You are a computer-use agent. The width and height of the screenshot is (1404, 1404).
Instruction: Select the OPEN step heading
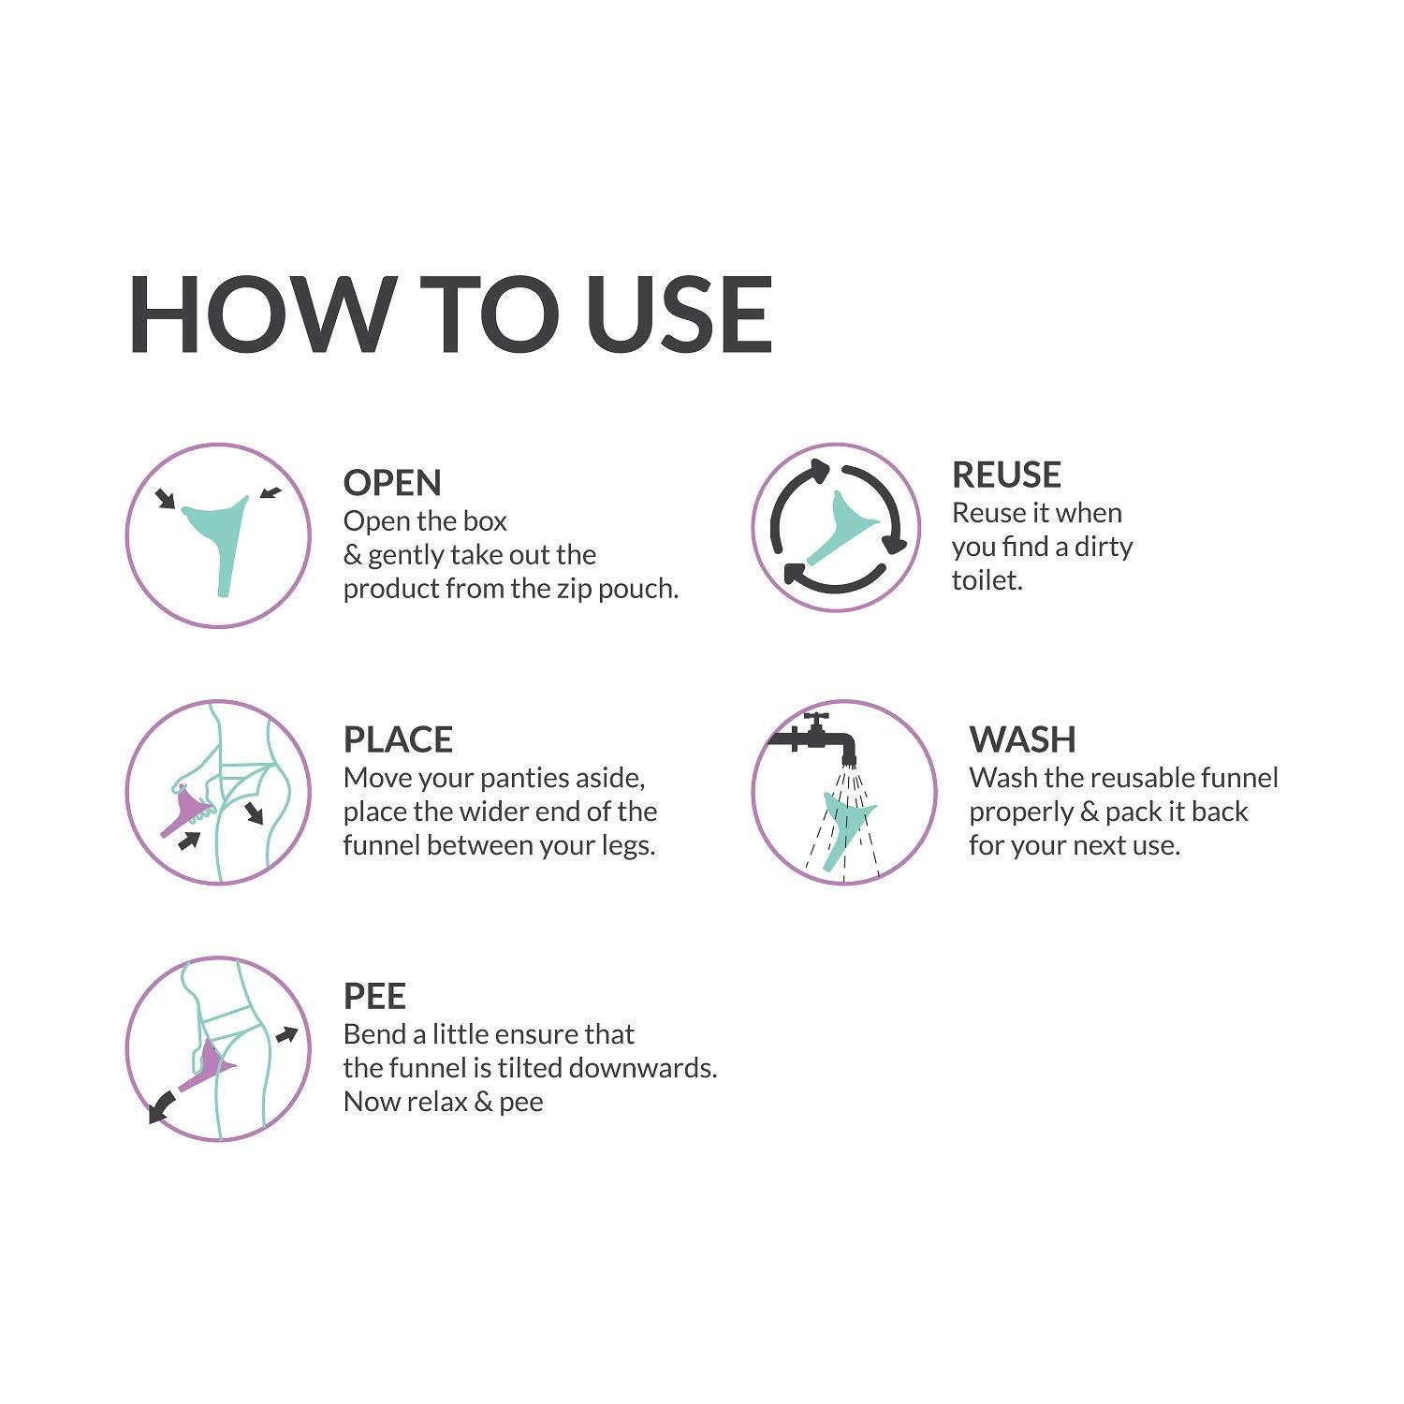coord(392,483)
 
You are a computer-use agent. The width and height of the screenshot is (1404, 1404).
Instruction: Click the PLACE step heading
coord(398,739)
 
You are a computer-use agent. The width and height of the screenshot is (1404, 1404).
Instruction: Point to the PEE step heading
coord(374,996)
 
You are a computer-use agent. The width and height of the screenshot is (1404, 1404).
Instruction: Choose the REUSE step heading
coord(1006,475)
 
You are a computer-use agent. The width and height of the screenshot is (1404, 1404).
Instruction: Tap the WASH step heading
coord(1022,739)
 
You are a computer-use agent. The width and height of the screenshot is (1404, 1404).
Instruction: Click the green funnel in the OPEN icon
coord(217,534)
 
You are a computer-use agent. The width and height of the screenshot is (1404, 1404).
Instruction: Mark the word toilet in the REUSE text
coord(987,580)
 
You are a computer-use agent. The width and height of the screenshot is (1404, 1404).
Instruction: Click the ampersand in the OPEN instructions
coord(353,555)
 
